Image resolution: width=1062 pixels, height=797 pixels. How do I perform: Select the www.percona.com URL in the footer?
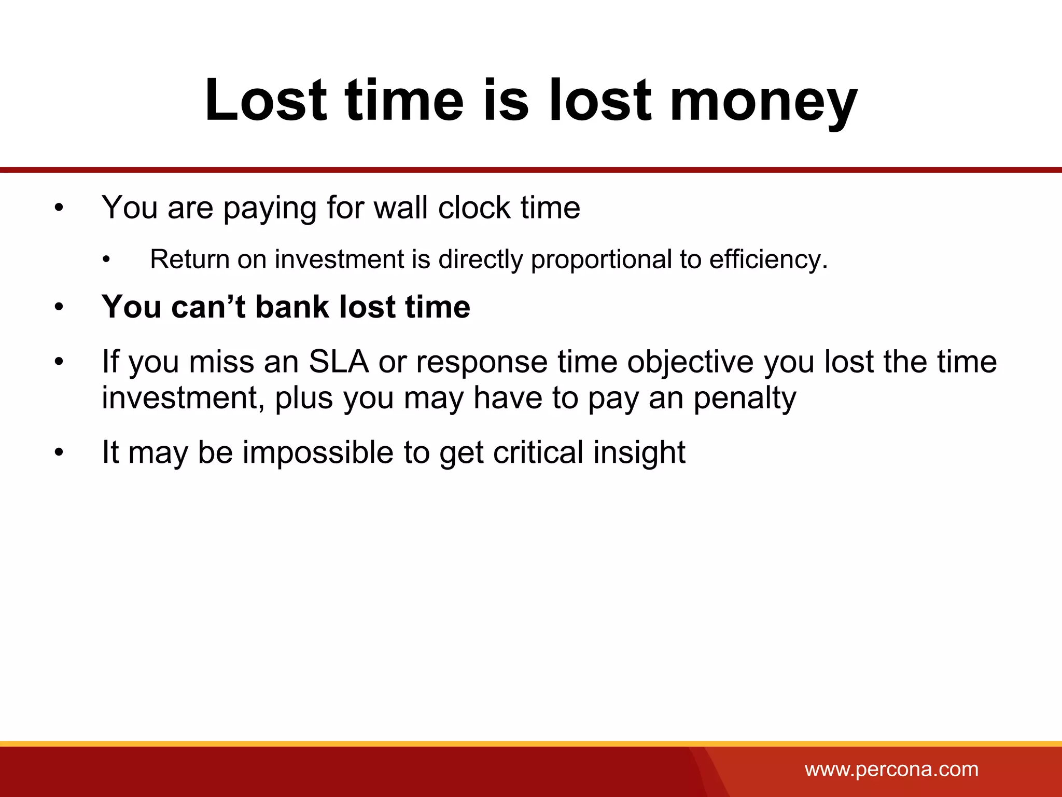891,769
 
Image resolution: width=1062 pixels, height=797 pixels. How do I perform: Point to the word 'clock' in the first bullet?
474,208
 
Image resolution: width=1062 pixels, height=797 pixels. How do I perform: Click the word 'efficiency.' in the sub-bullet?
768,259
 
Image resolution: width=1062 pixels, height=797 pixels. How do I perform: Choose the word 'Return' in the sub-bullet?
189,259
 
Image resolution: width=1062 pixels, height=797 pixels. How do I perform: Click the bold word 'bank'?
292,307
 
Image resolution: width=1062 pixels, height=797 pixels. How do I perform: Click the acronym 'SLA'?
339,362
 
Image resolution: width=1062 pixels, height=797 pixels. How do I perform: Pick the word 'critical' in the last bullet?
538,452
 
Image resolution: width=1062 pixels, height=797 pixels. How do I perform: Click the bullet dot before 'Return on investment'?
106,260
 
